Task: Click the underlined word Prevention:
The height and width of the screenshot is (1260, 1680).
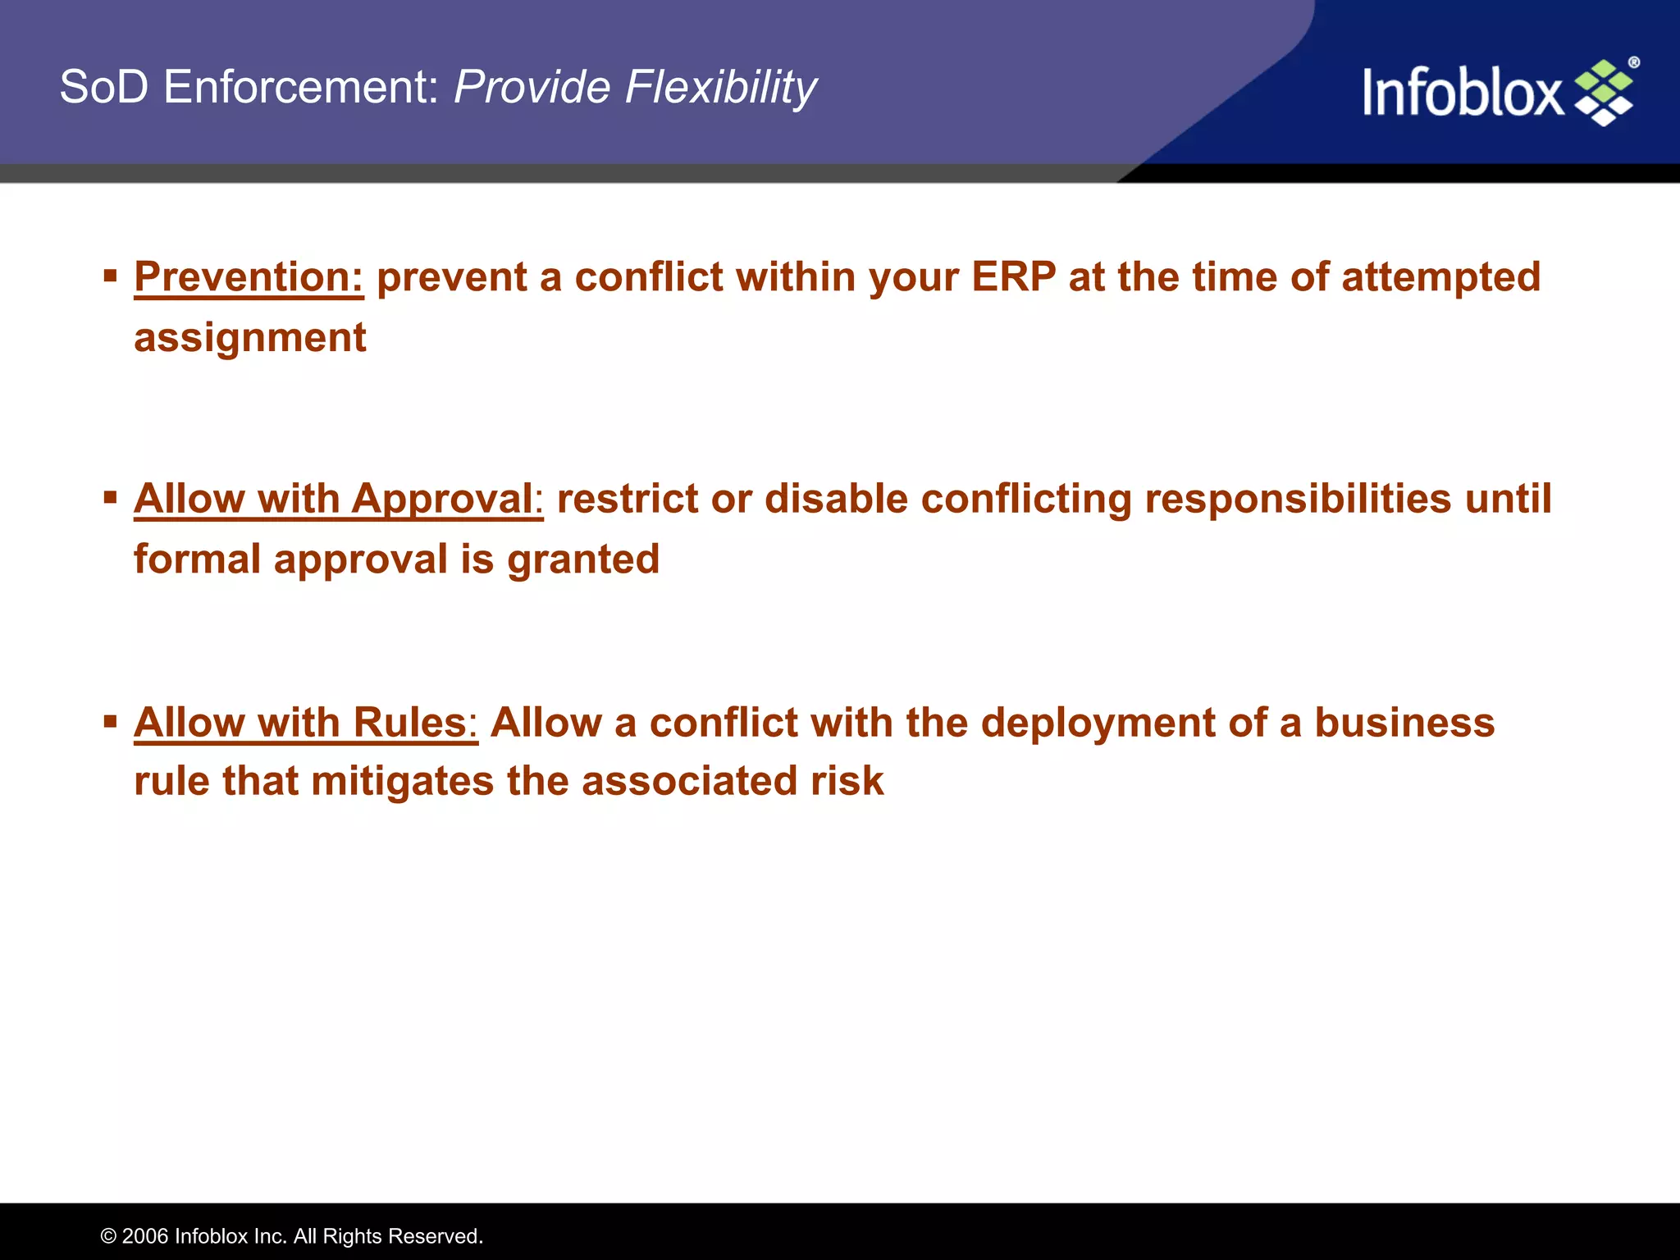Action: (x=249, y=276)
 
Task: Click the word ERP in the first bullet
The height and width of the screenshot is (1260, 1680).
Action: (x=1013, y=276)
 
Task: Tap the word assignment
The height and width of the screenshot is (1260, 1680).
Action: (x=249, y=338)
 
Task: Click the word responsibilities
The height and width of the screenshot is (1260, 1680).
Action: (x=1298, y=499)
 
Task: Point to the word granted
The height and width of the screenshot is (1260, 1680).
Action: (x=583, y=559)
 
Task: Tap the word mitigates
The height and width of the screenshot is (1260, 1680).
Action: (x=402, y=781)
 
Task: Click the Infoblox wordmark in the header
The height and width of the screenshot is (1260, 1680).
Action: (x=1463, y=92)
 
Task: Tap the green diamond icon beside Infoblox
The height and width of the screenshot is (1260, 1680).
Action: (x=1604, y=93)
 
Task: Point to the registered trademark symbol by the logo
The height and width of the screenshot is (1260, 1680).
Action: (x=1633, y=62)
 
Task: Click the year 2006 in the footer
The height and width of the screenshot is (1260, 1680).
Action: (x=145, y=1236)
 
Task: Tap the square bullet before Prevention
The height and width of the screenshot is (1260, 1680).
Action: (x=111, y=275)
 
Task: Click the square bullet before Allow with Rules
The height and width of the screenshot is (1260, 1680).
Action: (x=111, y=722)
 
